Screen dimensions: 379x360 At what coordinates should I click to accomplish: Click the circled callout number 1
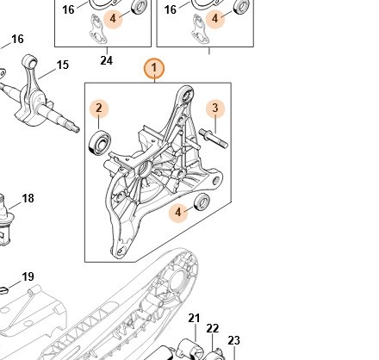point(154,69)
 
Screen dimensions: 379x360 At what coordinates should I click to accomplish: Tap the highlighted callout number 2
point(99,109)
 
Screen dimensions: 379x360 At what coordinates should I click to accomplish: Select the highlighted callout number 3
point(215,109)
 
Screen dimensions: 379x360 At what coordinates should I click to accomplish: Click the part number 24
point(107,60)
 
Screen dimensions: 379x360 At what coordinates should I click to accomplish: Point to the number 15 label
point(63,65)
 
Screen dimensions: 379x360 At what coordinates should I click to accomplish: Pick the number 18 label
point(28,198)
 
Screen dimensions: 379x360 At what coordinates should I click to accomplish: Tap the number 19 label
point(28,276)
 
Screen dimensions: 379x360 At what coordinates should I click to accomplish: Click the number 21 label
point(194,318)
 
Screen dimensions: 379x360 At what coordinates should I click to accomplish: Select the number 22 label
point(213,328)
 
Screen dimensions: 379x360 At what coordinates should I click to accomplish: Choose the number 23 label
point(233,340)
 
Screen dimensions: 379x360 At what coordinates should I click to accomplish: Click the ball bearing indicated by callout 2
point(100,142)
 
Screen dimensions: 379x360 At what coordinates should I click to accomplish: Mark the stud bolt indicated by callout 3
point(214,139)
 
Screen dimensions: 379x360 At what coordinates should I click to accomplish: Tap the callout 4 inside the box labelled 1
point(178,213)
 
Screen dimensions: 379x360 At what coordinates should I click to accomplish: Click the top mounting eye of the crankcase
point(188,93)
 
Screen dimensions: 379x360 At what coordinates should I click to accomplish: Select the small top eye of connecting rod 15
point(30,60)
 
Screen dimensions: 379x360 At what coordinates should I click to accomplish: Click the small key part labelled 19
point(3,290)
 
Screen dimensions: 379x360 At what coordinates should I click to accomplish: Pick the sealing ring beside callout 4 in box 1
point(202,202)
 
